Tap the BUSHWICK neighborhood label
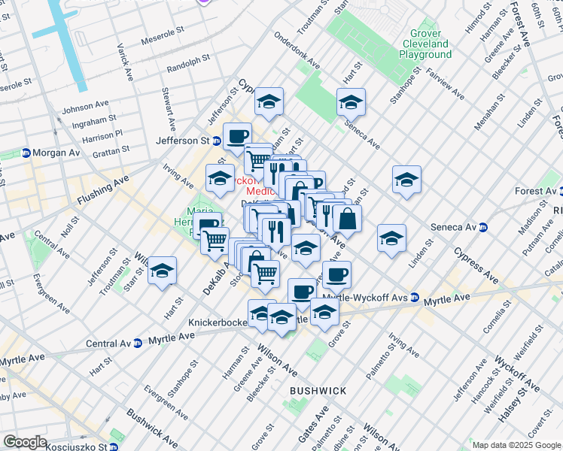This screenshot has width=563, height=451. tap(318, 391)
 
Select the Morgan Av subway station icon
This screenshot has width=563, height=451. tap(26, 152)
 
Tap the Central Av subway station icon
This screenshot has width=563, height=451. tap(138, 344)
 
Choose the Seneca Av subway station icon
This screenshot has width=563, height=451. tap(482, 228)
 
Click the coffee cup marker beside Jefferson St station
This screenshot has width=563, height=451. tap(237, 138)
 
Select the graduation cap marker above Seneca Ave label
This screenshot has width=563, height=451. tap(351, 103)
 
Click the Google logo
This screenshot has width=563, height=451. tap(25, 442)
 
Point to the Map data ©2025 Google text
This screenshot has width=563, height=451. tap(516, 445)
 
